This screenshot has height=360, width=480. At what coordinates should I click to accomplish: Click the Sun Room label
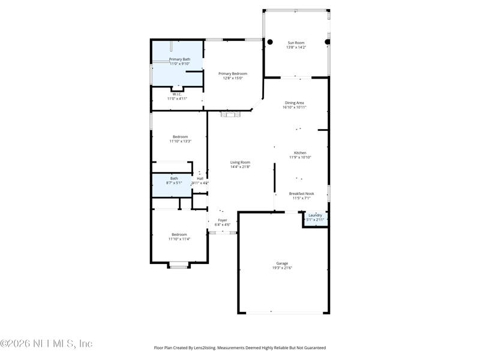pyautogui.click(x=296, y=43)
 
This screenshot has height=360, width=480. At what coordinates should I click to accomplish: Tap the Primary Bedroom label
pyautogui.click(x=233, y=74)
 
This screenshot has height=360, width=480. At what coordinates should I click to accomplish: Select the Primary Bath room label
pyautogui.click(x=179, y=59)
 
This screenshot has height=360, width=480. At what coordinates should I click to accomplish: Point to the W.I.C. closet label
pyautogui.click(x=177, y=94)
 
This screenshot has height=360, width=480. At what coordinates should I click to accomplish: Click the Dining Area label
pyautogui.click(x=294, y=103)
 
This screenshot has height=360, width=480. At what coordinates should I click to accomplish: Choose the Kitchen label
pyautogui.click(x=299, y=153)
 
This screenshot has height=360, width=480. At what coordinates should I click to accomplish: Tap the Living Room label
pyautogui.click(x=240, y=163)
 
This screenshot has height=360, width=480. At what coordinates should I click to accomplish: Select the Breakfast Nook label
pyautogui.click(x=301, y=194)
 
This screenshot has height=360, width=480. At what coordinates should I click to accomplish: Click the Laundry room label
pyautogui.click(x=315, y=215)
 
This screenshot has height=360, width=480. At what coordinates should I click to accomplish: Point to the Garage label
pyautogui.click(x=282, y=263)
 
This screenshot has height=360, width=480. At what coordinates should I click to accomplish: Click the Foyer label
pyautogui.click(x=223, y=220)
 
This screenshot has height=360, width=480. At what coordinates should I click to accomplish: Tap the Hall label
pyautogui.click(x=200, y=178)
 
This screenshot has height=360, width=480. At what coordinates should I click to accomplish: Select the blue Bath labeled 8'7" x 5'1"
pyautogui.click(x=174, y=178)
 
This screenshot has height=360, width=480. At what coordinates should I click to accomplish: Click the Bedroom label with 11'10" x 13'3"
pyautogui.click(x=180, y=137)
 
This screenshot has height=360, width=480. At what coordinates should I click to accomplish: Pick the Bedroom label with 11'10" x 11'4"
pyautogui.click(x=179, y=235)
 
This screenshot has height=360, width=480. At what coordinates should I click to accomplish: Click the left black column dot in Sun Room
pyautogui.click(x=270, y=42)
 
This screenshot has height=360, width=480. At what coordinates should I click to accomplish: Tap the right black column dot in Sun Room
pyautogui.click(x=328, y=42)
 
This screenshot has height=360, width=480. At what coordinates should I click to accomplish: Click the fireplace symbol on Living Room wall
pyautogui.click(x=230, y=114)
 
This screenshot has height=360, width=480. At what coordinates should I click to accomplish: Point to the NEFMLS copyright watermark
pyautogui.click(x=46, y=344)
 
